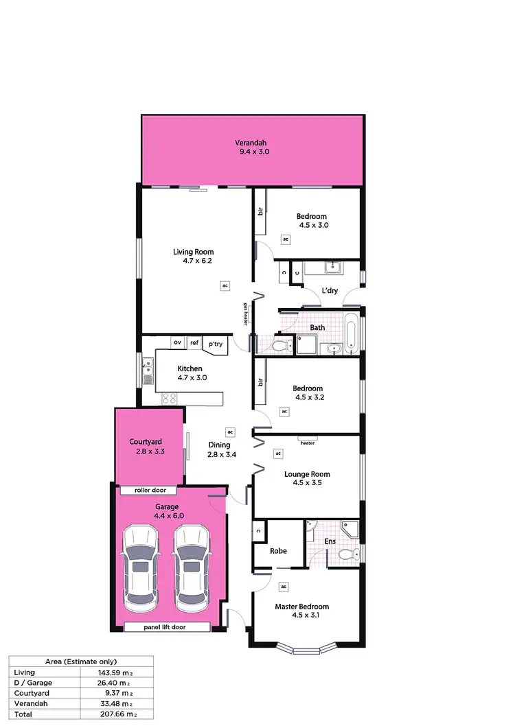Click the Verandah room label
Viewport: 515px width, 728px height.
pyautogui.click(x=253, y=143)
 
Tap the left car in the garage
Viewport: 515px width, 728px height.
pyautogui.click(x=140, y=570)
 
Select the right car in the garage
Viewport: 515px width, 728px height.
pyautogui.click(x=190, y=570)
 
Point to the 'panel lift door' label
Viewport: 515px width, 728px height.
pyautogui.click(x=165, y=627)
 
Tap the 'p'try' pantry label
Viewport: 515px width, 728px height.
pyautogui.click(x=215, y=344)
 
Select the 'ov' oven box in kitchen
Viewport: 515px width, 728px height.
pyautogui.click(x=177, y=342)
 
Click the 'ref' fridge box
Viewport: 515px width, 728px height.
pyautogui.click(x=194, y=342)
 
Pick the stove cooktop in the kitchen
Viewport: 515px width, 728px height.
pyautogui.click(x=170, y=398)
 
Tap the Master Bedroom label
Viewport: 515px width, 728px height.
pyautogui.click(x=301, y=607)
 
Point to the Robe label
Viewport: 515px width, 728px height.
pyautogui.click(x=277, y=550)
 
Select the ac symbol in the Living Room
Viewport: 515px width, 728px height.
pyautogui.click(x=225, y=285)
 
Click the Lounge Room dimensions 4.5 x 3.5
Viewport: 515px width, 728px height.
pyautogui.click(x=307, y=483)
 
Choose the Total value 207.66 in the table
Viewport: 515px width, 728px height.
pyautogui.click(x=115, y=715)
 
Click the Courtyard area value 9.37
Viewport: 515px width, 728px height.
pyautogui.click(x=117, y=693)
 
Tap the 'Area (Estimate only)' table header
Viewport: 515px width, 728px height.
pyautogui.click(x=81, y=661)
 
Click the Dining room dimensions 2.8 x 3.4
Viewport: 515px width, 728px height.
pyautogui.click(x=219, y=454)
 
